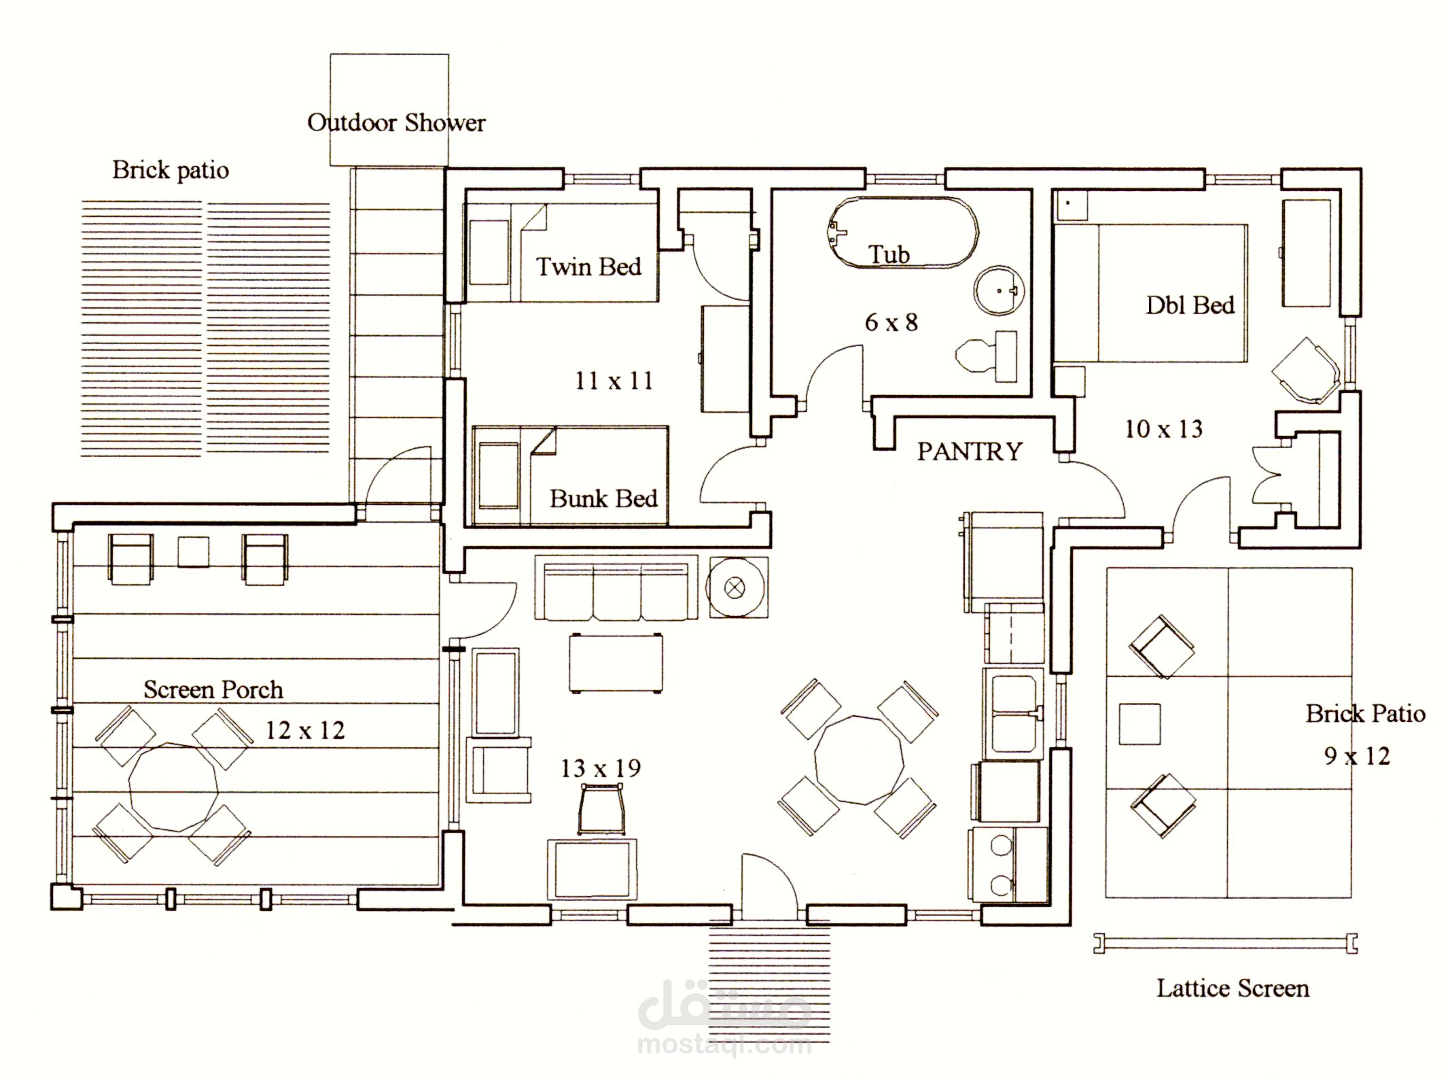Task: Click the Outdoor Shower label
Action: [396, 122]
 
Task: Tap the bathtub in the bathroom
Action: [903, 233]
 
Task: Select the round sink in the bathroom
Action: [998, 290]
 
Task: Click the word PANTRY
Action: [970, 451]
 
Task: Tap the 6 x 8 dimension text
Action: [891, 322]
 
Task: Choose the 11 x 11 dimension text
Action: [614, 380]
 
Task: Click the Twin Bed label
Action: [588, 266]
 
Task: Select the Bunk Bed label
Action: [603, 498]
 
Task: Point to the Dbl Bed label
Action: [1190, 305]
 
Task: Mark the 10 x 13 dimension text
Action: [1163, 429]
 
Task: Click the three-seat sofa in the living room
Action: [616, 587]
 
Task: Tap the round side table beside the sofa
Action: [739, 587]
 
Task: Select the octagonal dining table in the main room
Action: [860, 759]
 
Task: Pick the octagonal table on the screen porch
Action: [174, 787]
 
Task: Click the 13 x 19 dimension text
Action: [601, 768]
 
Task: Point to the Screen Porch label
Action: [213, 689]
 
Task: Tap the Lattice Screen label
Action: [1233, 988]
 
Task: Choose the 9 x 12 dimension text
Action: [1356, 755]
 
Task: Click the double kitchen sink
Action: [1013, 713]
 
